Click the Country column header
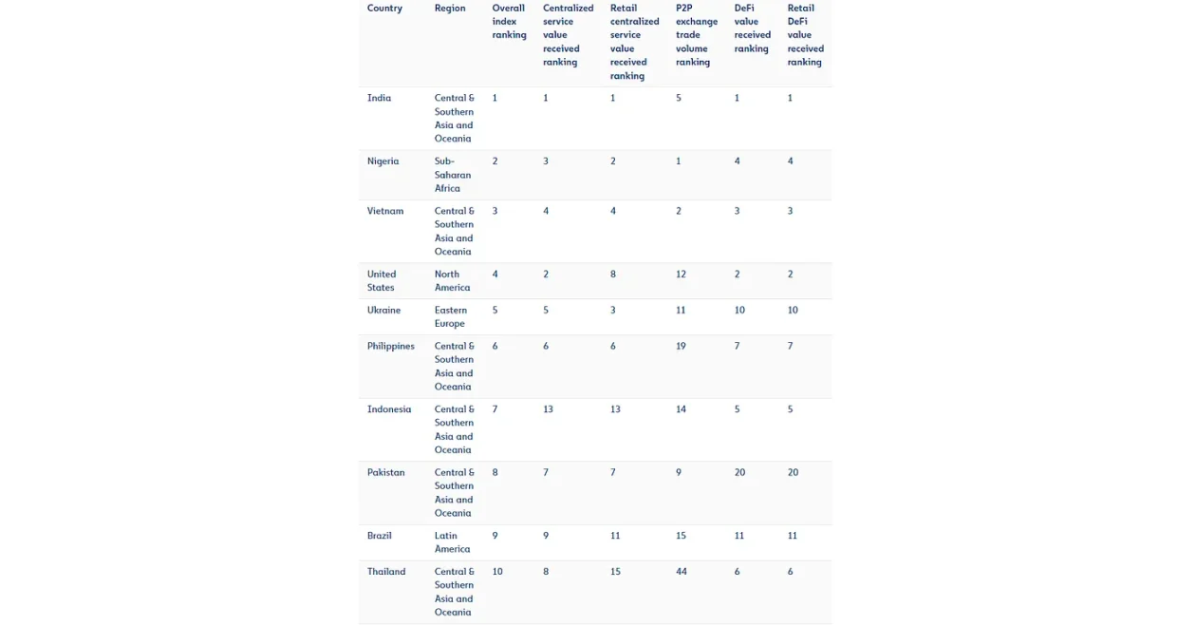[384, 9]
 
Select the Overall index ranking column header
[509, 22]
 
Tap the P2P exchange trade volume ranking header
[696, 35]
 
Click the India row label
[379, 98]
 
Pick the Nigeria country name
[383, 161]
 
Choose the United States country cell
[381, 281]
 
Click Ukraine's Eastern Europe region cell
[451, 316]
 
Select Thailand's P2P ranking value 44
[681, 572]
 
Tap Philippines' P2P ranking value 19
[681, 347]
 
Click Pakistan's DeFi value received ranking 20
[739, 473]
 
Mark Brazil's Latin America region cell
[452, 542]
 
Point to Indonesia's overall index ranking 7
[495, 409]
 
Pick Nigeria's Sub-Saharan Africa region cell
[453, 175]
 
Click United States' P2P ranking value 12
[681, 275]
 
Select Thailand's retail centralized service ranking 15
[615, 572]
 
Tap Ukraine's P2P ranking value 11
[681, 311]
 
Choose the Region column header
[450, 9]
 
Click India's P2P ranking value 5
[678, 98]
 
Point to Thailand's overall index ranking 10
[497, 572]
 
